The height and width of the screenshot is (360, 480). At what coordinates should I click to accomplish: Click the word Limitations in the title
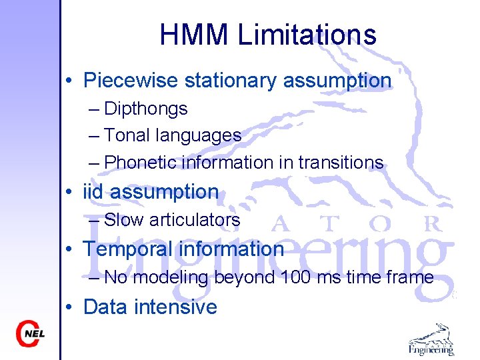click(307, 35)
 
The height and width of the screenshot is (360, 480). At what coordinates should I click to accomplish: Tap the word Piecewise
click(131, 81)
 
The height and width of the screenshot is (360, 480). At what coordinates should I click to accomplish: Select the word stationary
click(230, 81)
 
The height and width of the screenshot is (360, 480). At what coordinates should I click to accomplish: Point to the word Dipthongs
click(146, 109)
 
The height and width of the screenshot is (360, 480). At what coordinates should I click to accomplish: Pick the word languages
click(198, 135)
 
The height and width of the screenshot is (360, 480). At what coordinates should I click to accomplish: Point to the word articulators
click(195, 219)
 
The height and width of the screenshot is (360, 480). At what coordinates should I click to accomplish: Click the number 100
click(295, 277)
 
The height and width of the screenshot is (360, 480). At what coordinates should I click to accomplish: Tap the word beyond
click(245, 277)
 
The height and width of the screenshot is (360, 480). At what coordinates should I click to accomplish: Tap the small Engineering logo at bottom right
click(431, 339)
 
